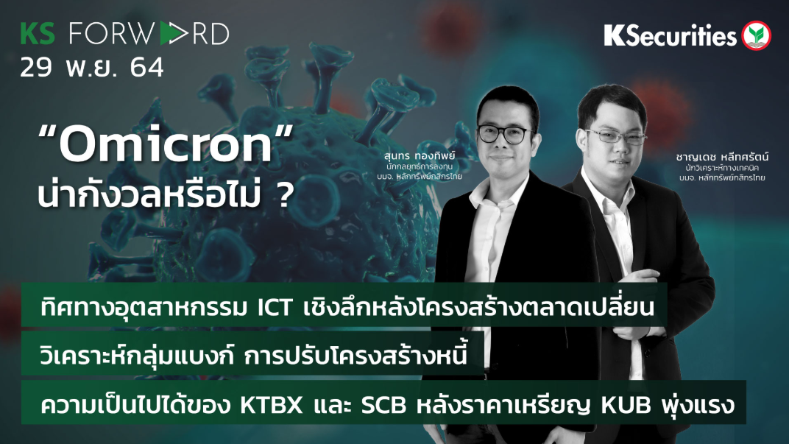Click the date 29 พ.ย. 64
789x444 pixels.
[92, 68]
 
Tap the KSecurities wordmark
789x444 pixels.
[670, 35]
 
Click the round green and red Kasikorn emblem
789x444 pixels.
[756, 35]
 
